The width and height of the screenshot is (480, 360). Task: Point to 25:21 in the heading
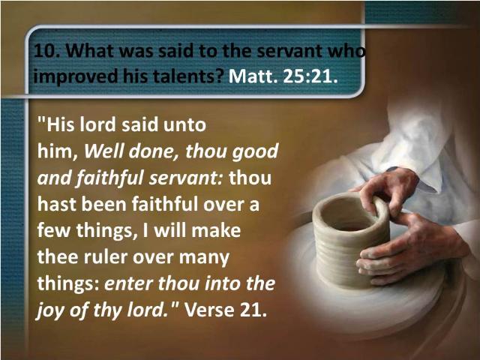click(310, 76)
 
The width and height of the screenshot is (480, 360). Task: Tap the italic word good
click(255, 152)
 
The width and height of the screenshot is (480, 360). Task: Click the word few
click(53, 230)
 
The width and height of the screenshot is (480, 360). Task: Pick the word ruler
click(106, 256)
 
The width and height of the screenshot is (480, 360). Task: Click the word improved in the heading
click(75, 76)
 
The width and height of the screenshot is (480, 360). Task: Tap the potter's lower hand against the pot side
click(407, 248)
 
